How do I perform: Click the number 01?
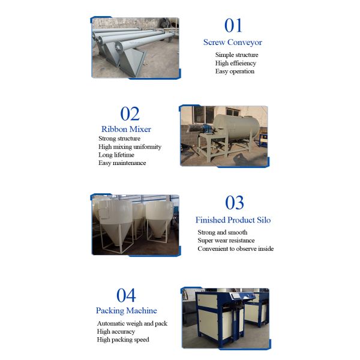point(233,25)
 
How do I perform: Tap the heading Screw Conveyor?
point(233,42)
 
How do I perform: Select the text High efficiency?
point(236,63)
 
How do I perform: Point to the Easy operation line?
point(235,71)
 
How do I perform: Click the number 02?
point(130,113)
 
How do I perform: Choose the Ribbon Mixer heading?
point(126,129)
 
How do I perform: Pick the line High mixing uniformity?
point(130,147)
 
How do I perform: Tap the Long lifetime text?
point(116,155)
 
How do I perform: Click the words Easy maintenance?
point(122,163)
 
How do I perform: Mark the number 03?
point(235,203)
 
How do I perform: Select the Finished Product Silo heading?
point(233,220)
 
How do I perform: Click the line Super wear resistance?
point(226,241)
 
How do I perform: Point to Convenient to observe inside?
point(236,248)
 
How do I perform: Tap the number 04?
point(126,295)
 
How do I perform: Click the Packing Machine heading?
point(127,311)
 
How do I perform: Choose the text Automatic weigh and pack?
point(132,323)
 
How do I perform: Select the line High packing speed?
point(123,340)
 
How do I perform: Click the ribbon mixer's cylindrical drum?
point(236,126)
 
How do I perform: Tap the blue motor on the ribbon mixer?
point(206,128)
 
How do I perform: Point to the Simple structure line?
point(237,55)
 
